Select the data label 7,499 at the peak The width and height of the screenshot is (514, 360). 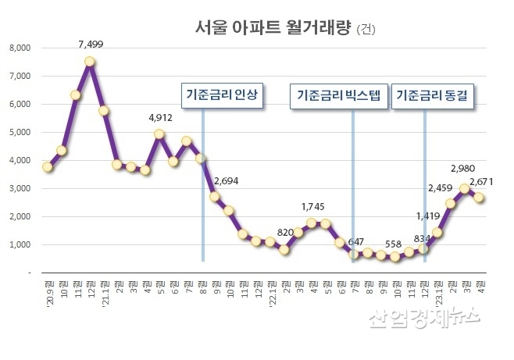(90, 45)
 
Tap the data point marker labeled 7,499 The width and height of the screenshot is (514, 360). (90, 62)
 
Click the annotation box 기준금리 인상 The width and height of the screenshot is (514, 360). (221, 96)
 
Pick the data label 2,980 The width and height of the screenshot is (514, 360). (464, 169)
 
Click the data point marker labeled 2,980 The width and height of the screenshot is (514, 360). (465, 188)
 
